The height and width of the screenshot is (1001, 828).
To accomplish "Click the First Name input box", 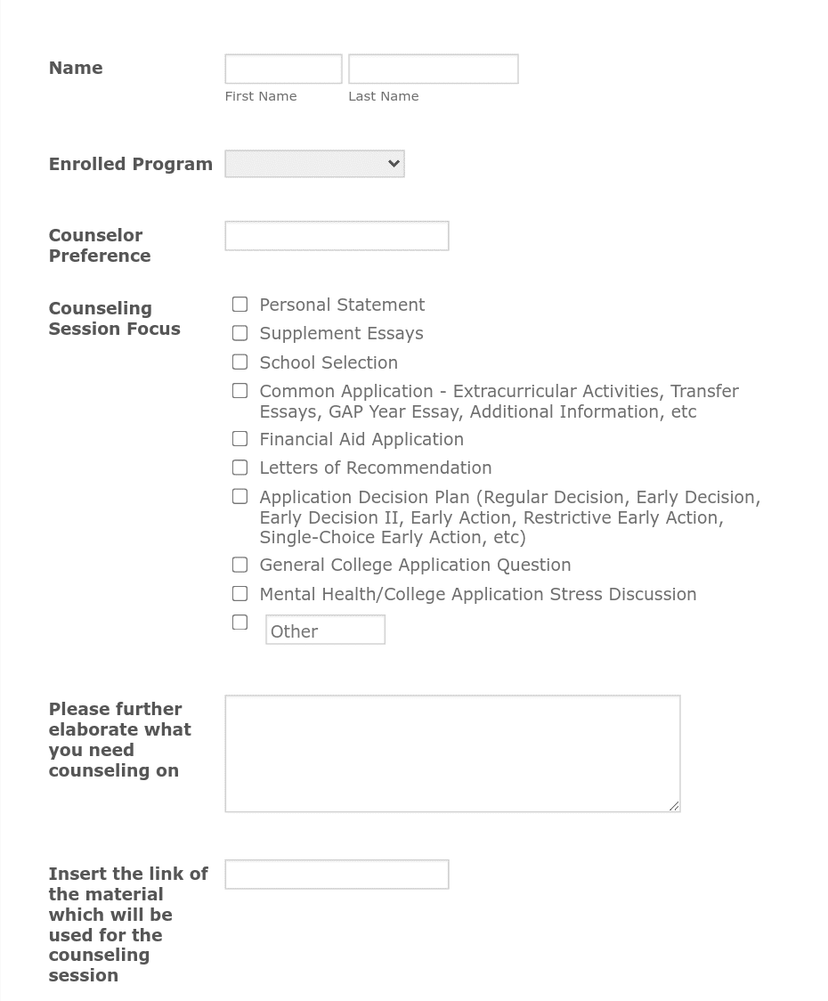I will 283,69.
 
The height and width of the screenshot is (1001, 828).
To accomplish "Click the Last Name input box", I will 433,69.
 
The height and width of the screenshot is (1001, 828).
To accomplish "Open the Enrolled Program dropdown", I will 314,164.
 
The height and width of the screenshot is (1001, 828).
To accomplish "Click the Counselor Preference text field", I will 337,236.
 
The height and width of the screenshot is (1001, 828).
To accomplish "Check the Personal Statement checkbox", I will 240,305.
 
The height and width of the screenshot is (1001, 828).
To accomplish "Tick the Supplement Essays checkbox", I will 240,333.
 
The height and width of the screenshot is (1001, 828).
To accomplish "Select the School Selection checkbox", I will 240,362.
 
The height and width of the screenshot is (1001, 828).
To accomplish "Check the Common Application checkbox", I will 240,391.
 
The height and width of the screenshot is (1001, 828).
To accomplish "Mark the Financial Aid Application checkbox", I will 240,439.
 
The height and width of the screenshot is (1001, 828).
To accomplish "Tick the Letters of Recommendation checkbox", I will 240,468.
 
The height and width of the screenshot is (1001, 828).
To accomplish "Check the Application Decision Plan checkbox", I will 240,497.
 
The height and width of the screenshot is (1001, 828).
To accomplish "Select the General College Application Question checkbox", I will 240,565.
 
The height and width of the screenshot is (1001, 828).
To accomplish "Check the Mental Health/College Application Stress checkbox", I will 240,594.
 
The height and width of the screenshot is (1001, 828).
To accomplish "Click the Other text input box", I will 325,631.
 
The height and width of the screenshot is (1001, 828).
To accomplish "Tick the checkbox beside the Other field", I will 240,623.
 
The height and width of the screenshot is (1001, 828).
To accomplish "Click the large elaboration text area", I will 452,753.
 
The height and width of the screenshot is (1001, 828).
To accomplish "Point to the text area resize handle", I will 674,806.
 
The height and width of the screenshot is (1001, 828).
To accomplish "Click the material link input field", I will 337,875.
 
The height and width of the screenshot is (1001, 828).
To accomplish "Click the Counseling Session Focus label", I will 114,319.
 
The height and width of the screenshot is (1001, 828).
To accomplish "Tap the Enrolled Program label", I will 130,165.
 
